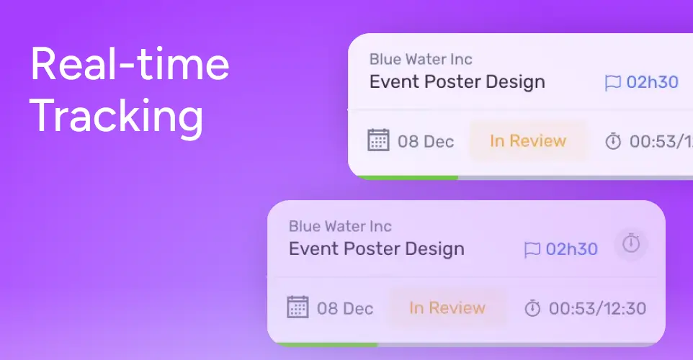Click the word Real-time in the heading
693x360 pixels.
130,64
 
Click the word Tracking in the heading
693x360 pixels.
117,116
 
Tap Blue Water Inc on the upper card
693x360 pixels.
421,59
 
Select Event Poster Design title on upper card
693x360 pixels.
457,82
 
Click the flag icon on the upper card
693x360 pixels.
612,83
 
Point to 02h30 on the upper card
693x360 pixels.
653,82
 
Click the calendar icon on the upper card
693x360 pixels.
378,140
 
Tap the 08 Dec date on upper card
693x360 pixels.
426,141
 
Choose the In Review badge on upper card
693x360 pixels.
528,141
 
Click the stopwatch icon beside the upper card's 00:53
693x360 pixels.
613,141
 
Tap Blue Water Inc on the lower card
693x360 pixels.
340,226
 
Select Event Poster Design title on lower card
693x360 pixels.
377,249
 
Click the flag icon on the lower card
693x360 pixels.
532,250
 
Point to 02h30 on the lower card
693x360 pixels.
571,249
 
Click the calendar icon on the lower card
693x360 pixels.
298,307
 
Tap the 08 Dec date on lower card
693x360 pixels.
345,308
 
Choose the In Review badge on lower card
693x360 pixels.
447,308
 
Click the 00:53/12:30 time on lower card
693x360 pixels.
597,308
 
